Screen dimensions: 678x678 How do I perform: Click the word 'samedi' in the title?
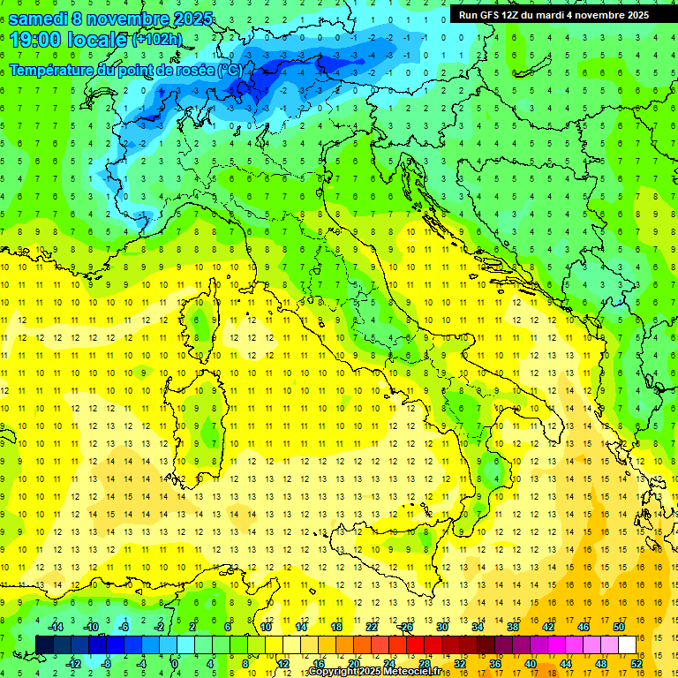38,18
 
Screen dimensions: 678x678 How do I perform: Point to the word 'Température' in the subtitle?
50,70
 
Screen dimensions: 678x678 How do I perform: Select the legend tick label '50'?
618,627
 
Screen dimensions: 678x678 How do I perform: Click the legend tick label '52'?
637,664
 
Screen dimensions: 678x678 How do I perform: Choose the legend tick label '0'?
175,664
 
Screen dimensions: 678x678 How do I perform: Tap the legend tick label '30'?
441,627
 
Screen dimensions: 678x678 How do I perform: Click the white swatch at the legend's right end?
627,645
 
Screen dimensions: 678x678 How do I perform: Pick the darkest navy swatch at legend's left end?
44,645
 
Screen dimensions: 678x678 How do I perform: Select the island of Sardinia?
200,415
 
